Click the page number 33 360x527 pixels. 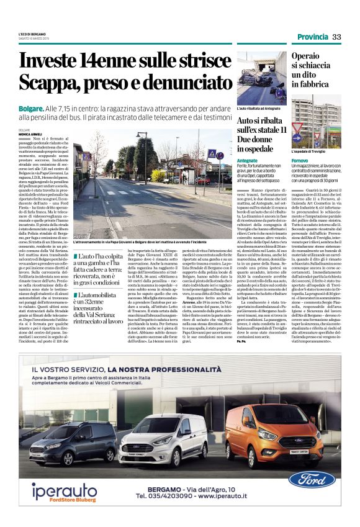tap(337, 37)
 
